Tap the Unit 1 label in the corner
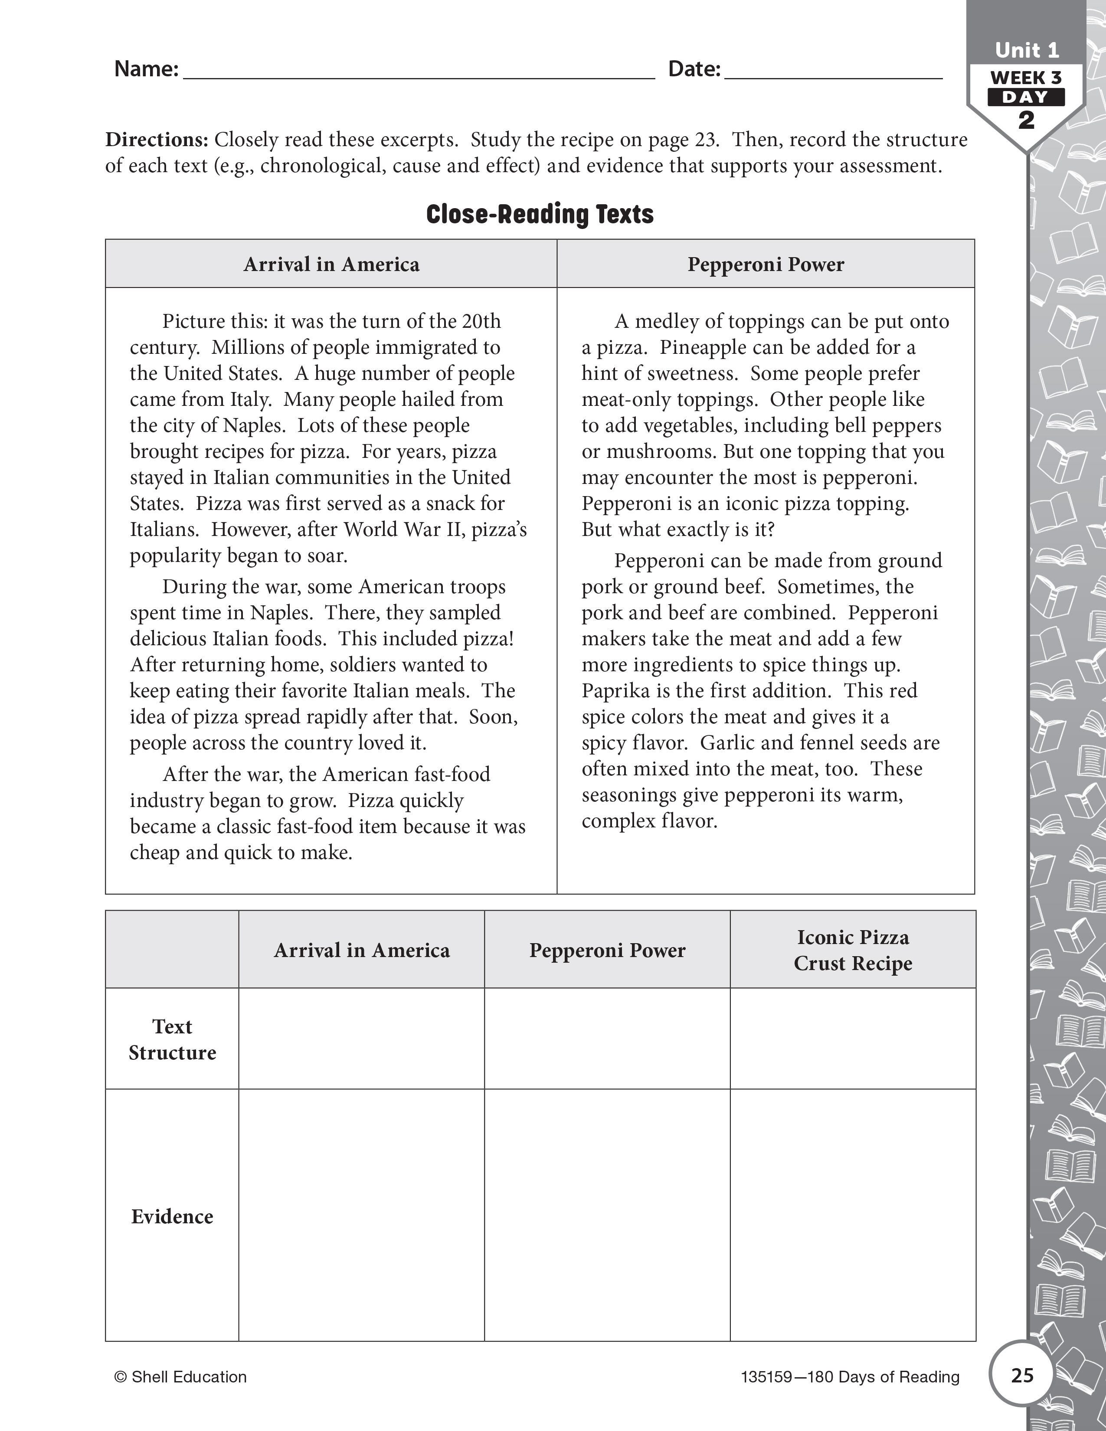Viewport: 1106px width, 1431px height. click(1026, 50)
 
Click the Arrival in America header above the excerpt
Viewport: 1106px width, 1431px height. click(331, 264)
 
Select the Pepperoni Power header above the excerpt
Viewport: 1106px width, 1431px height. click(765, 264)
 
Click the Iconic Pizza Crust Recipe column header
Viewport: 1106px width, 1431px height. click(852, 950)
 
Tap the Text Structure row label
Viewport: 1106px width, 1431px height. click(172, 1039)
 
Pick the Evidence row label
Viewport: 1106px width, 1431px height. click(172, 1216)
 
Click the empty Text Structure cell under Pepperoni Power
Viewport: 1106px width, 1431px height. click(607, 1039)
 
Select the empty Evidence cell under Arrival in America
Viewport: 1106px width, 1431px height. click(361, 1216)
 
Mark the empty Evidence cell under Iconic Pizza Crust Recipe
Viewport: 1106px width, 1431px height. click(852, 1216)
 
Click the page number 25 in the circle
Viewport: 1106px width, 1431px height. click(1021, 1375)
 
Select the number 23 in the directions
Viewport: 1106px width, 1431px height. click(702, 140)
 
